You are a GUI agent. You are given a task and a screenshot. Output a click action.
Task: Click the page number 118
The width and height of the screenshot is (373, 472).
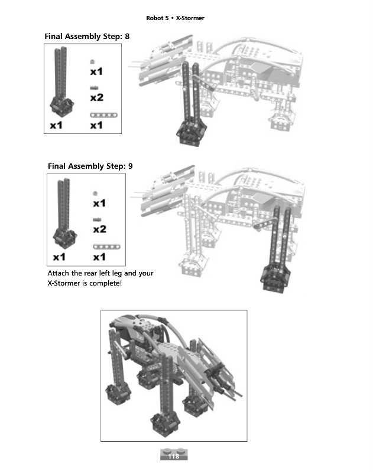coord(173,457)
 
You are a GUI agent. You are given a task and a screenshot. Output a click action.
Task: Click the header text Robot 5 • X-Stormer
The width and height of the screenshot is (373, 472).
coord(175,18)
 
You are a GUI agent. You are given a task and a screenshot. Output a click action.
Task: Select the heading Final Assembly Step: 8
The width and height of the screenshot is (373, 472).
coord(87,37)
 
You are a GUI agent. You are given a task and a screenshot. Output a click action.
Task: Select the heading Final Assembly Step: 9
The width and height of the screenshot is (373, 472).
coord(90,166)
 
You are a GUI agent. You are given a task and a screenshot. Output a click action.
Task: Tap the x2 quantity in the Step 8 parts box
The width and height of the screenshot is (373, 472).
coord(96,97)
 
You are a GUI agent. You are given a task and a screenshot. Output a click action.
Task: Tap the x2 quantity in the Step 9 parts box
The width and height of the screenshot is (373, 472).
coord(99,229)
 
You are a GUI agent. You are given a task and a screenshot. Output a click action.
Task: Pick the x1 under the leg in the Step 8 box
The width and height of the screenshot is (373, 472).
coord(57,125)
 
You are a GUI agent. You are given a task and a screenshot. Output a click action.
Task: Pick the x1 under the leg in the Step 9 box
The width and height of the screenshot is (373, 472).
coord(60,257)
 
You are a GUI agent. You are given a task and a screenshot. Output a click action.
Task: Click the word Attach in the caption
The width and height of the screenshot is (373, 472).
coord(59,273)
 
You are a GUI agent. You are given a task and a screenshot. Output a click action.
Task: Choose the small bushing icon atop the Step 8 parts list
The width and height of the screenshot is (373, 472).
coord(92,61)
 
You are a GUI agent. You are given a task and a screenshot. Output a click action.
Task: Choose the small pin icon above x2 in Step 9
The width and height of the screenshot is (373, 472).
coord(95,219)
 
